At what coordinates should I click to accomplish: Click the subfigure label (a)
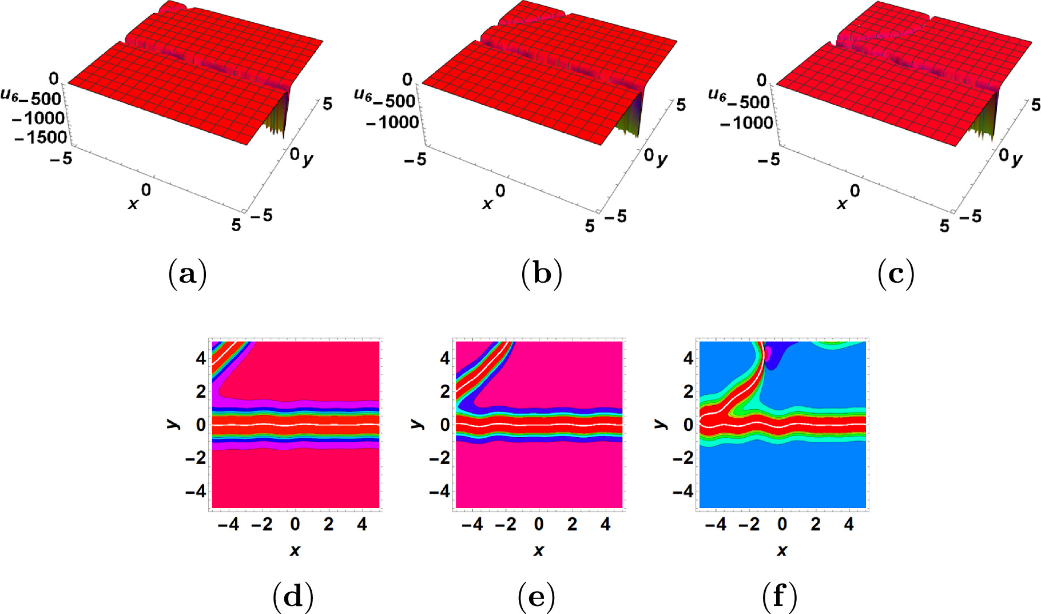point(188,275)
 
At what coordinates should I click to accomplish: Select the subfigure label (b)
point(542,275)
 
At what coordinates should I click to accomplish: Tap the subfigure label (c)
point(896,275)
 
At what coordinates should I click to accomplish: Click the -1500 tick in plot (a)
point(41,137)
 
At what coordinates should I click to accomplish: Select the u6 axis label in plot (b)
point(363,94)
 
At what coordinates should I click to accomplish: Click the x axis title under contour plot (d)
point(295,550)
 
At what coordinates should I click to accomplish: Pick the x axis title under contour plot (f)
point(781,550)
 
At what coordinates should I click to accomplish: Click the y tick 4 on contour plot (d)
point(201,359)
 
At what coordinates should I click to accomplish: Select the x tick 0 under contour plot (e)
point(539,524)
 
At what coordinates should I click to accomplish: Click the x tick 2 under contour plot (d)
point(328,524)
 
